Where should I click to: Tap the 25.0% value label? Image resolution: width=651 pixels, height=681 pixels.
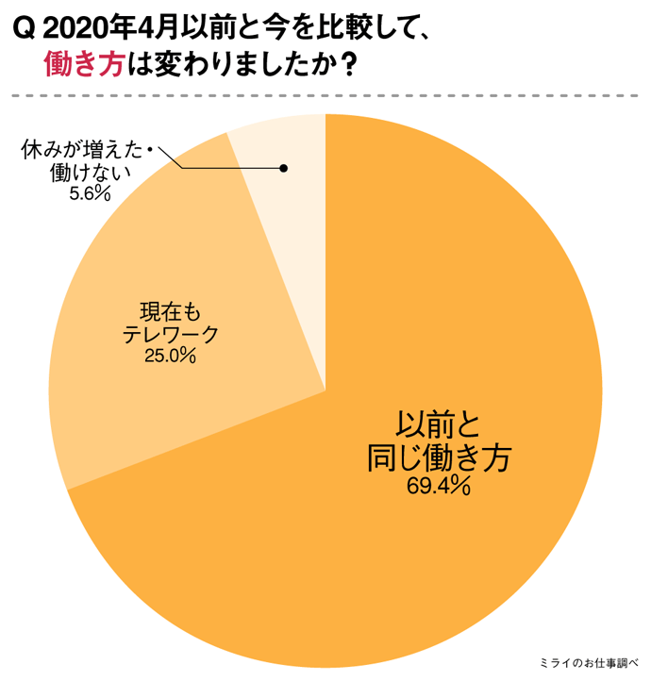[x=170, y=356]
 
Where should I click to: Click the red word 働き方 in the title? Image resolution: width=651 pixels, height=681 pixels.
[x=84, y=65]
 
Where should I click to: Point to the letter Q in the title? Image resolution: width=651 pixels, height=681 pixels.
[x=26, y=28]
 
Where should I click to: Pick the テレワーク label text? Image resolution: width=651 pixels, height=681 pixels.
[x=171, y=333]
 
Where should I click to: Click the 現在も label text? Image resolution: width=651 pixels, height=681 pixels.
[x=171, y=310]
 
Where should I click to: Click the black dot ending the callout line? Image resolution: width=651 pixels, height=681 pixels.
[x=283, y=169]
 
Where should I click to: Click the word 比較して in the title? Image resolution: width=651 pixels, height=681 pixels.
[x=366, y=28]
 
